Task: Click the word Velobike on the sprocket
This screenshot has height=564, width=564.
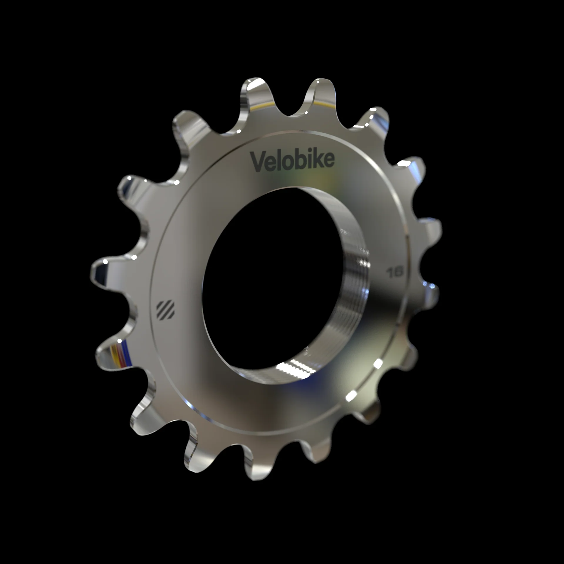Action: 292,161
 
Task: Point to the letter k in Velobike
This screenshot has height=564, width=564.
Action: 316,160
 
